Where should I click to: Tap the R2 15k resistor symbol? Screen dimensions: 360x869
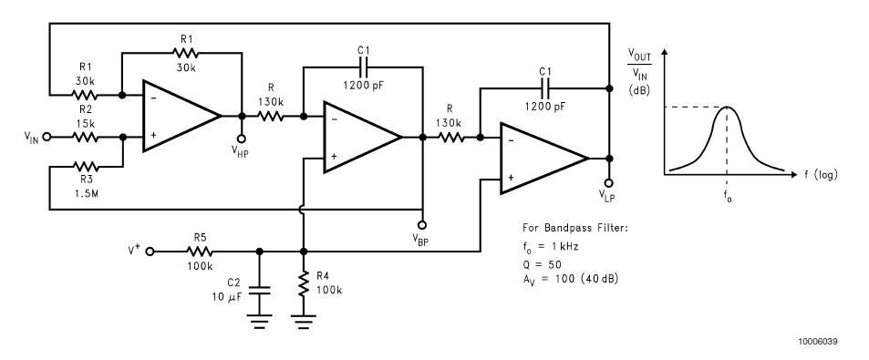[x=84, y=138]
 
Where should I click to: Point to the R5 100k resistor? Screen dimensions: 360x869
[x=198, y=251]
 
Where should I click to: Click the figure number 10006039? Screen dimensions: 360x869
[x=817, y=341]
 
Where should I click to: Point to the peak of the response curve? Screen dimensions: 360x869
[x=726, y=108]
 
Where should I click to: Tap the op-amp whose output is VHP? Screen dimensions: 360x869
[x=180, y=116]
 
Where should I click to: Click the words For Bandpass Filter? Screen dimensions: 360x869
[x=565, y=230]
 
